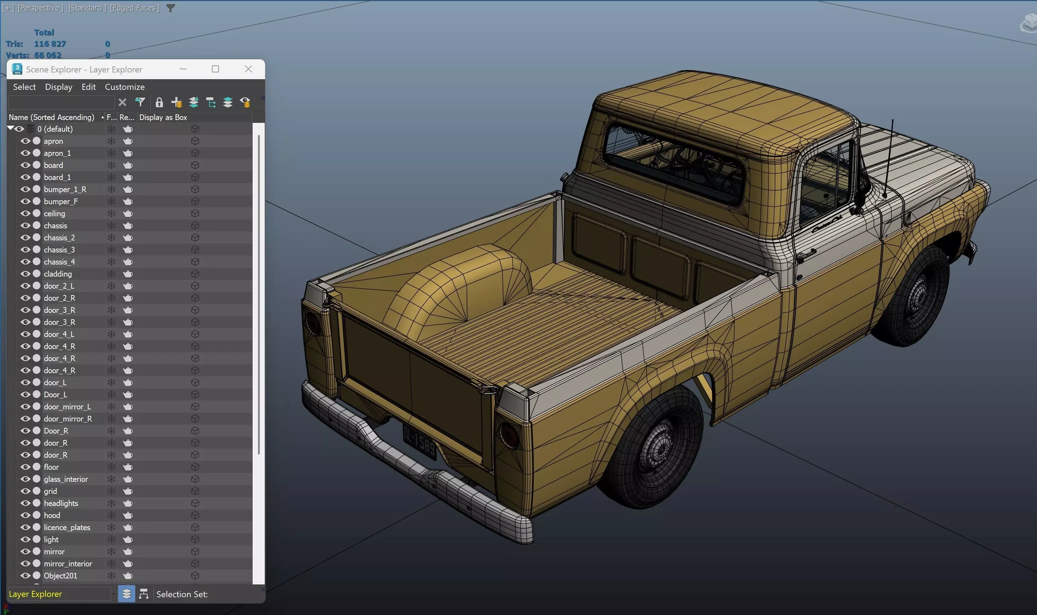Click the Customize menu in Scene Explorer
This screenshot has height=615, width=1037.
click(125, 87)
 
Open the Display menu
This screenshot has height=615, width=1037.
click(59, 87)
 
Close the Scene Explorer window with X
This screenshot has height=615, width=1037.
click(248, 69)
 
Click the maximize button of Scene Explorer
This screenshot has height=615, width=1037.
click(215, 69)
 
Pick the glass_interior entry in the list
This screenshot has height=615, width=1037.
click(66, 479)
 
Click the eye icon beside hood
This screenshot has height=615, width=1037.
click(25, 515)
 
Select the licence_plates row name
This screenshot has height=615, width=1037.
click(67, 527)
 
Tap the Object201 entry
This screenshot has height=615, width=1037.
click(60, 576)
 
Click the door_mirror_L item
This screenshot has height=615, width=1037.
click(67, 407)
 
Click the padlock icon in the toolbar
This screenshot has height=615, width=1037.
click(159, 102)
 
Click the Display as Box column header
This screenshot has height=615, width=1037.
click(163, 117)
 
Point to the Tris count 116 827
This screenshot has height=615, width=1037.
click(50, 44)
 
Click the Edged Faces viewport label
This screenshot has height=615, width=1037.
click(135, 8)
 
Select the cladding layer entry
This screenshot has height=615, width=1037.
click(57, 274)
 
